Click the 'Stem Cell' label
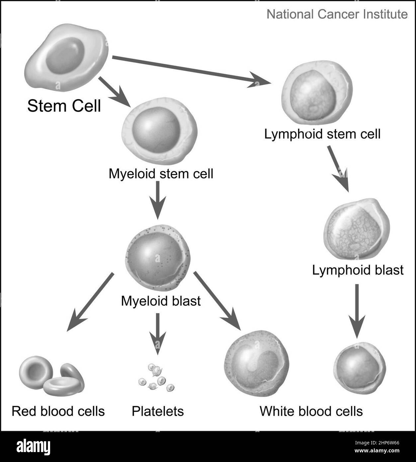pyautogui.click(x=64, y=106)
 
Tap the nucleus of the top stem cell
pyautogui.click(x=65, y=55)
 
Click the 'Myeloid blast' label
pyautogui.click(x=161, y=301)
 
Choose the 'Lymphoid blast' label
pyautogui.click(x=358, y=270)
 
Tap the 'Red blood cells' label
pyautogui.click(x=58, y=411)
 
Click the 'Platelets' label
pyautogui.click(x=158, y=411)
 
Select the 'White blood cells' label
pyautogui.click(x=311, y=411)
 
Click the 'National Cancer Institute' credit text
pyautogui.click(x=337, y=14)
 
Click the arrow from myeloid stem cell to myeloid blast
pyautogui.click(x=158, y=200)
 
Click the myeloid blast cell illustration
pyautogui.click(x=158, y=258)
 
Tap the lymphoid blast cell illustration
pyautogui.click(x=357, y=229)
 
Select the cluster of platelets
pyautogui.click(x=156, y=378)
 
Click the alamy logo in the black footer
pyautogui.click(x=33, y=447)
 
